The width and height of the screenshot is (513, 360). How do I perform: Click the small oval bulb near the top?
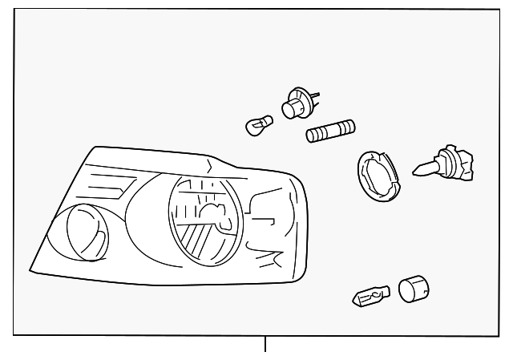point(260,125)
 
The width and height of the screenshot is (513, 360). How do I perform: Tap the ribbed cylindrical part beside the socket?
point(331,131)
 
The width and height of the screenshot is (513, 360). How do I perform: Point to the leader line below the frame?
point(265,345)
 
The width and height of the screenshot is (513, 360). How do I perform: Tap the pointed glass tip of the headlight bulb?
point(418,169)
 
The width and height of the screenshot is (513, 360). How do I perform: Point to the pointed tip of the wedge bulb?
point(356,302)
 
